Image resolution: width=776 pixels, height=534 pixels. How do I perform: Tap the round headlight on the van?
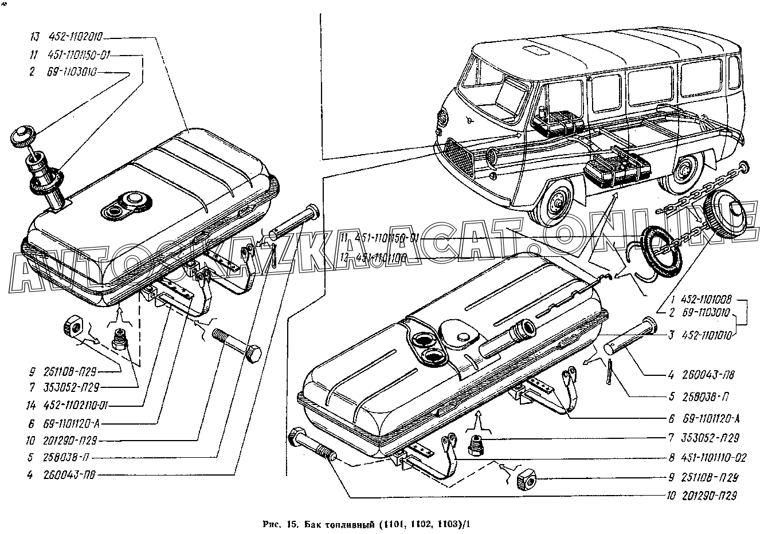[445, 118]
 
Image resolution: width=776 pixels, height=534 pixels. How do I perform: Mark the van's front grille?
[453, 153]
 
